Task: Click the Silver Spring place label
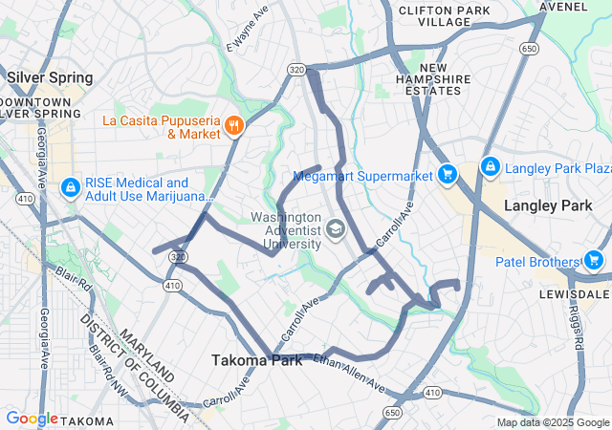pos(50,77)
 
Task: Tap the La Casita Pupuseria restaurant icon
pos(233,126)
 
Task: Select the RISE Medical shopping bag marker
pos(71,188)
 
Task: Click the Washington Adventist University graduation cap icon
pos(335,229)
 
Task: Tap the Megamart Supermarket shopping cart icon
pos(446,175)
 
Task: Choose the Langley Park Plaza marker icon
pos(490,168)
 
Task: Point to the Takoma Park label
pos(255,360)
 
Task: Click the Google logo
pos(32,419)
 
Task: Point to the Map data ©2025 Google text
pos(552,422)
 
